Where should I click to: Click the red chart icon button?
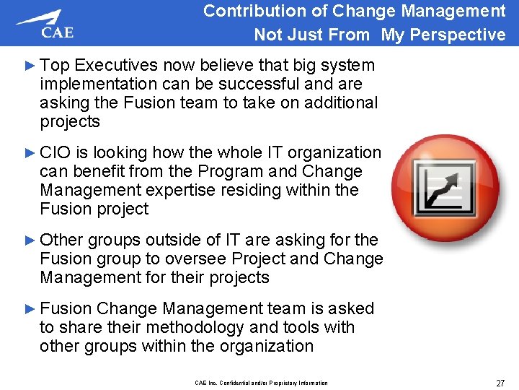(445, 183)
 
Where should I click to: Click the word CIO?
(55, 153)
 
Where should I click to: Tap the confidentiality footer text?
(261, 383)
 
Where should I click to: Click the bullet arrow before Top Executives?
(30, 66)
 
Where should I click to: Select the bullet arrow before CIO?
(30, 153)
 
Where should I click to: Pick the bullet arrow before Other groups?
(30, 240)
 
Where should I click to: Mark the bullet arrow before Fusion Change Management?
(30, 309)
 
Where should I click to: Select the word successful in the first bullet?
(266, 84)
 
